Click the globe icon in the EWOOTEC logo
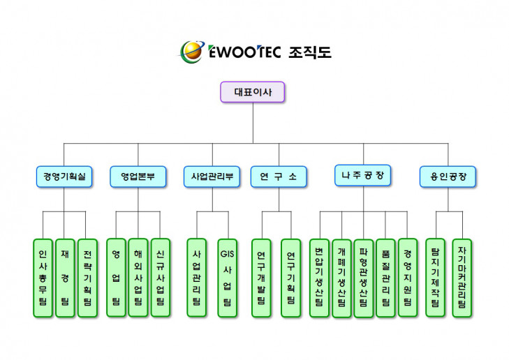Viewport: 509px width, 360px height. (191, 51)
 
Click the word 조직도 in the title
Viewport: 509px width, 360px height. (309, 52)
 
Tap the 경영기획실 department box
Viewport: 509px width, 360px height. (64, 177)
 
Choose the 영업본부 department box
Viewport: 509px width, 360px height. (138, 177)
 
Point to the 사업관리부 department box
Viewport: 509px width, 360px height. (212, 177)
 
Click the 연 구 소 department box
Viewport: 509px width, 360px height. (279, 177)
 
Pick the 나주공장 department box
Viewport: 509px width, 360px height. (362, 175)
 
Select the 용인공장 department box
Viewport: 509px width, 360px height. (448, 177)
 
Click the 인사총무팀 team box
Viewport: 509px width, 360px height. (43, 278)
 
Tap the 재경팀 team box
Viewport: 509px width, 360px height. (65, 278)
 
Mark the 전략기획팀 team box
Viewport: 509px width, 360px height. (87, 278)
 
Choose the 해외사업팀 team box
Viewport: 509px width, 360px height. (138, 278)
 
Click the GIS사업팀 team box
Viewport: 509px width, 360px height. (227, 278)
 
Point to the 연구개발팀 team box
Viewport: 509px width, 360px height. (261, 278)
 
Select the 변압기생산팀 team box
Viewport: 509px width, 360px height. (319, 278)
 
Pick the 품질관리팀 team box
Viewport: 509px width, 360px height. (385, 278)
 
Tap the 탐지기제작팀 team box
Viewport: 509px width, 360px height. (435, 278)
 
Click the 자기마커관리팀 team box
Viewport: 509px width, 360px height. (462, 278)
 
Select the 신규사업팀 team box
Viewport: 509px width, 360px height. (161, 278)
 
